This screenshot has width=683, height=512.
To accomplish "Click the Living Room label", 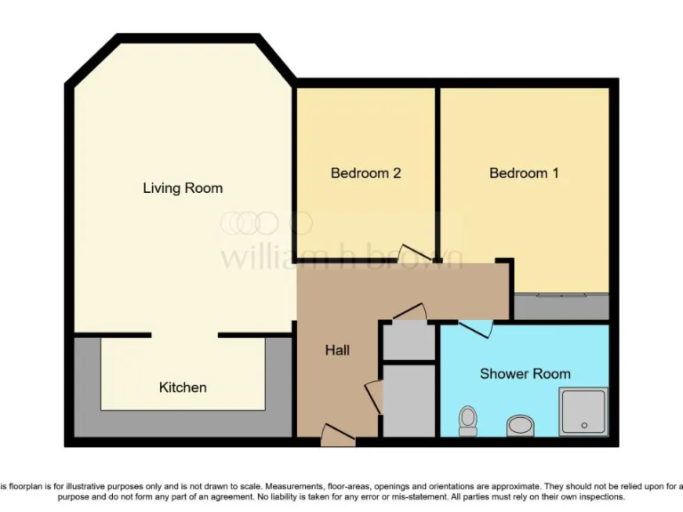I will [x=182, y=188].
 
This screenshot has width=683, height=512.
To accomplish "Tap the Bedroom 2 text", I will [x=366, y=173].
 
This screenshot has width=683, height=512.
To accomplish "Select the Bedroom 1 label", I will [x=524, y=173].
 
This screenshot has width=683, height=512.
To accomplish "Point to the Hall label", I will [x=337, y=350].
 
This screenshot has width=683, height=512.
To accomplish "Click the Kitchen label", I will [x=182, y=388].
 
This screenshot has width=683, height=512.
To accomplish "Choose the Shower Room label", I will [x=525, y=373].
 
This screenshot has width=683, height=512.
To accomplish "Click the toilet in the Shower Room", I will [x=468, y=420].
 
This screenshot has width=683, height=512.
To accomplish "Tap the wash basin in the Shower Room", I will [x=519, y=426].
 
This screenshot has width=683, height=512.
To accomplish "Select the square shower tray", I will [x=583, y=411].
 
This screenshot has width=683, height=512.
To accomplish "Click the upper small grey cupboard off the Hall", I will [x=409, y=341].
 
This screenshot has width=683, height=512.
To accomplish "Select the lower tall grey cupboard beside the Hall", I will [x=409, y=400].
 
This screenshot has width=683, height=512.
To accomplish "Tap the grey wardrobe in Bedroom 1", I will [x=561, y=307].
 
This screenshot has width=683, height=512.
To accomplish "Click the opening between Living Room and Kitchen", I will [x=183, y=335].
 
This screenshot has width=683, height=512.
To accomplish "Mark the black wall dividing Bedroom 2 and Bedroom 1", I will [x=437, y=169].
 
